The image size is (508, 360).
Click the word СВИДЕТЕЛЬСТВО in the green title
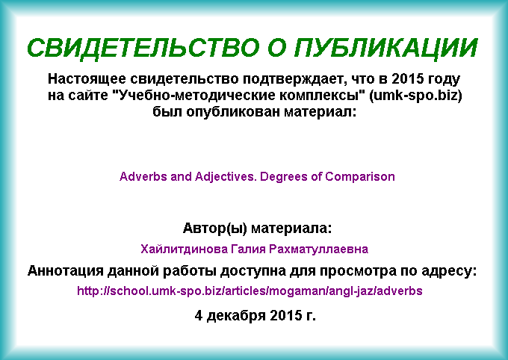tap(143, 48)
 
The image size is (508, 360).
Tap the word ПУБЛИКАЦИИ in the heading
tap(386, 48)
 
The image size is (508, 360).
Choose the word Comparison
tap(360, 177)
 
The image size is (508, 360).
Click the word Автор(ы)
tap(215, 229)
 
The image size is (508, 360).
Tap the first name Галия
tap(248, 249)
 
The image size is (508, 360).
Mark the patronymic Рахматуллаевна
tap(319, 249)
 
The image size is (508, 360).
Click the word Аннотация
tap(66, 271)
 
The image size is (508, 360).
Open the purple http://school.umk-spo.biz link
tap(250, 291)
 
